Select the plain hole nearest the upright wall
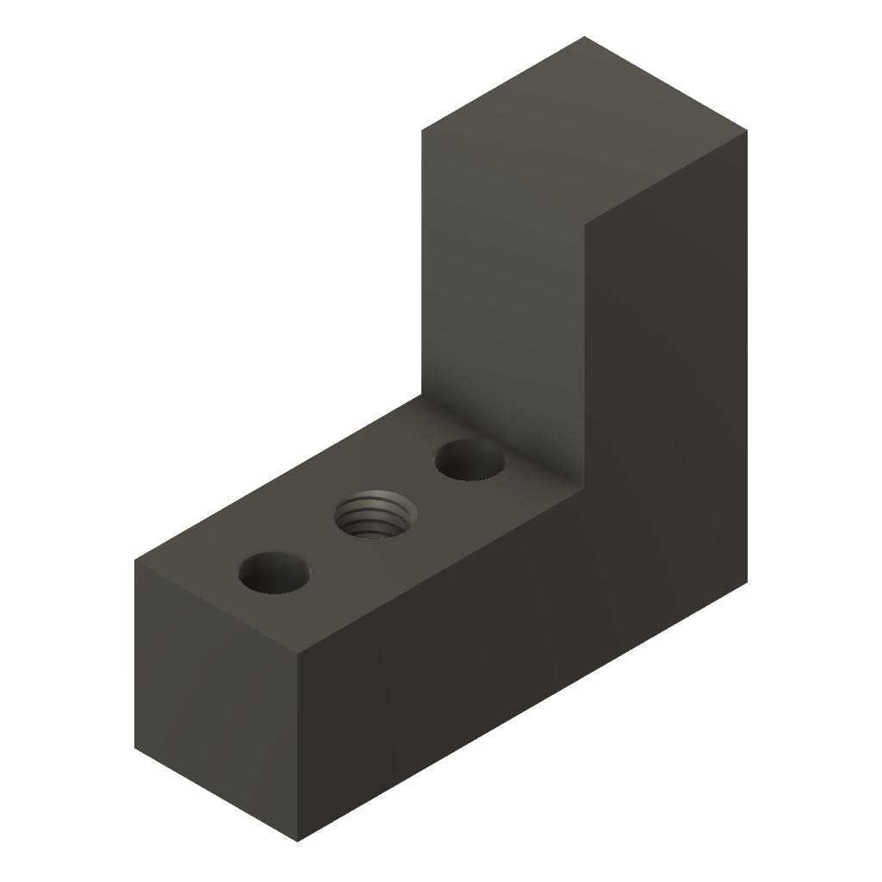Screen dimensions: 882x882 point(469,460)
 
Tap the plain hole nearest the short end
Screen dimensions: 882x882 point(274,573)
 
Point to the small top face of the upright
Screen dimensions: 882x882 point(584,130)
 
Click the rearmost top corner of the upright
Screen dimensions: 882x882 point(584,37)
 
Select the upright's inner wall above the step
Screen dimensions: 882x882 point(504,284)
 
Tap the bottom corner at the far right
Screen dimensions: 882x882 point(747,582)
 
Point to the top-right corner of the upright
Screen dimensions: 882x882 point(747,131)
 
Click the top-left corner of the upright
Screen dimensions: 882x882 point(422,131)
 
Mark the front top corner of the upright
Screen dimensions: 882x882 point(585,225)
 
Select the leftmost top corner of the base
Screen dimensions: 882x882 point(134,561)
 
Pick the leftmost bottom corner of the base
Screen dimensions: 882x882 point(134,748)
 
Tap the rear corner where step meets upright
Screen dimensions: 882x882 point(422,394)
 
